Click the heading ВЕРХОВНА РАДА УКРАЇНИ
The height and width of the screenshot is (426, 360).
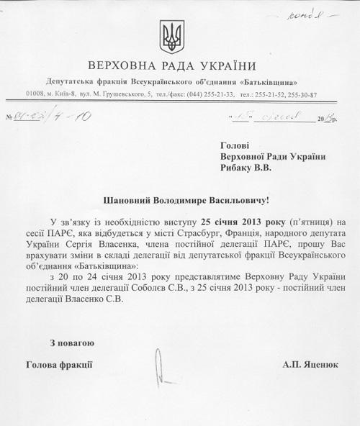coord(177,65)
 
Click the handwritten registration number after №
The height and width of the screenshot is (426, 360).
coord(47,117)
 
